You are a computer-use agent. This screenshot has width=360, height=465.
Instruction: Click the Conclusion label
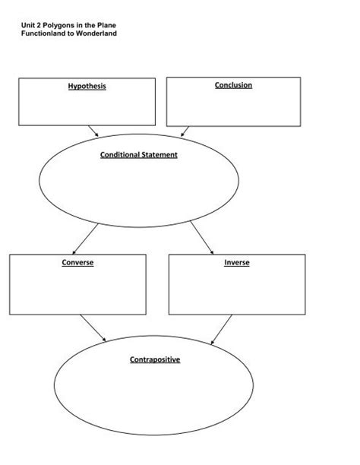(233, 85)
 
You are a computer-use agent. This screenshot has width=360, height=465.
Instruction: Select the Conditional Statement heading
(139, 155)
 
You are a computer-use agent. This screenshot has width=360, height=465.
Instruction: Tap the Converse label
(77, 263)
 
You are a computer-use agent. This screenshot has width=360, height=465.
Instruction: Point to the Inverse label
(236, 263)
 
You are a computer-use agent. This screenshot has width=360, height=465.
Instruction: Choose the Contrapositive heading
(154, 359)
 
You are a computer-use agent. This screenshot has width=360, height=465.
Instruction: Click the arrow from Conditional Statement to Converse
(85, 238)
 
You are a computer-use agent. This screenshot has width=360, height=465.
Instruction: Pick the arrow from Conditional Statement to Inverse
(203, 238)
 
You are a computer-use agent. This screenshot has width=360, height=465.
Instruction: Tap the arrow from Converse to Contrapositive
(93, 327)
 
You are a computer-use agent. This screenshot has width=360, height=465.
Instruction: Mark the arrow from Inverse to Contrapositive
(220, 327)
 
